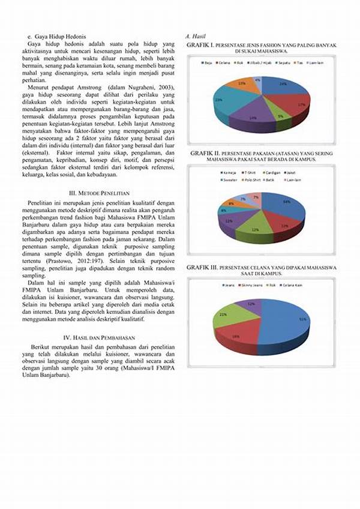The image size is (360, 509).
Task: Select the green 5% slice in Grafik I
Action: pyautogui.click(x=280, y=115)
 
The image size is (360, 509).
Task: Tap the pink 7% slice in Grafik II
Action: pyautogui.click(x=256, y=197)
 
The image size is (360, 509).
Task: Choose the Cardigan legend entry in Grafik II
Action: pyautogui.click(x=271, y=172)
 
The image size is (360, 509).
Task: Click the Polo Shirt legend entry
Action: pyautogui.click(x=250, y=179)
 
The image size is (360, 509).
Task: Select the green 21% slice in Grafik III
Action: pyautogui.click(x=226, y=315)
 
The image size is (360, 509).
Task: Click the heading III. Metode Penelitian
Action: pyautogui.click(x=99, y=193)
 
